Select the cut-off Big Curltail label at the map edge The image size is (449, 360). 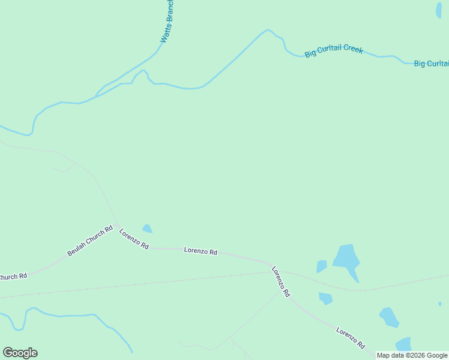point(431,63)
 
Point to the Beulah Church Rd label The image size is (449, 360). point(90,241)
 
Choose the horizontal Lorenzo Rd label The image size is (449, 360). point(200,251)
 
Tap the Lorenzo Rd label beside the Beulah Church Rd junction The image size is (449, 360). point(133,239)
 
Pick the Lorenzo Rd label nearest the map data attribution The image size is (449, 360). point(351,338)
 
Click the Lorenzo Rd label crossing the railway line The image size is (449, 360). point(281,281)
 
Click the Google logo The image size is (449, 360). point(20,353)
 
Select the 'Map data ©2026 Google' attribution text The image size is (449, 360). point(412,355)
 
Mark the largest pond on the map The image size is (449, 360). point(346,258)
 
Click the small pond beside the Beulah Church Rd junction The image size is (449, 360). point(147,229)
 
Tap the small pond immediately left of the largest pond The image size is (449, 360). point(322,266)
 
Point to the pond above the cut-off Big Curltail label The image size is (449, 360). point(438,10)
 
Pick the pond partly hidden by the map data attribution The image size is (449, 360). point(404,344)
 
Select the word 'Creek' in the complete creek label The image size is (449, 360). point(352,49)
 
